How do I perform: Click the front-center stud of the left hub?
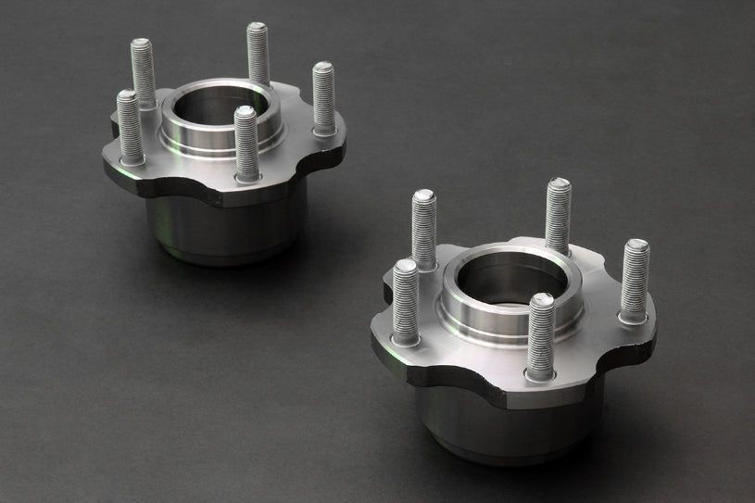pos(245,144)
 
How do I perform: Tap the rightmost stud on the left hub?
pos(322,97)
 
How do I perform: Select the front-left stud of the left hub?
pos(130,125)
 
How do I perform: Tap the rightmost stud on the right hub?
pos(635,278)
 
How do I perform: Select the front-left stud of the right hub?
pos(406,301)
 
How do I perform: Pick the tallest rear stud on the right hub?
pos(558,215)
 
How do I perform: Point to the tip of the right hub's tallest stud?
pos(558,183)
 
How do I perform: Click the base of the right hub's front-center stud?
pos(540,372)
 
